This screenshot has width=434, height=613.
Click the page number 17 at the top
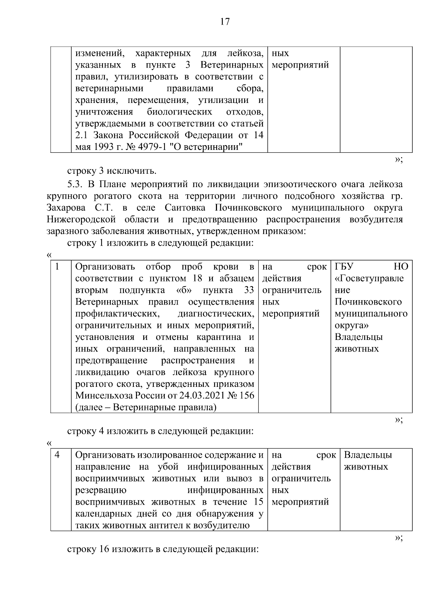[x=224, y=22]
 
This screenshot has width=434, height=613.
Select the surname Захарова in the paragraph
[x=66, y=208]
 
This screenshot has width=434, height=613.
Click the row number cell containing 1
[x=57, y=267]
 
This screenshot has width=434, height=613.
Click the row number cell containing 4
[x=57, y=455]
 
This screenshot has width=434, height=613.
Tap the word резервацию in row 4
[x=101, y=490]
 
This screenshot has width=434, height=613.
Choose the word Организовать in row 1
[x=105, y=267]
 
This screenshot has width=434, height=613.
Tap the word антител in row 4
[x=166, y=525]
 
